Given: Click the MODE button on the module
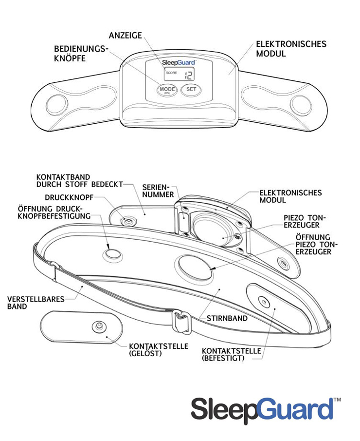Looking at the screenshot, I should pyautogui.click(x=167, y=90).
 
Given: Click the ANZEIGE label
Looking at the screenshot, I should pyautogui.click(x=125, y=36).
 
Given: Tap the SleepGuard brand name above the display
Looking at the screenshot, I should pyautogui.click(x=178, y=62).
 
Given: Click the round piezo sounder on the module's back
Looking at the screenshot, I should pyautogui.click(x=215, y=230).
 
